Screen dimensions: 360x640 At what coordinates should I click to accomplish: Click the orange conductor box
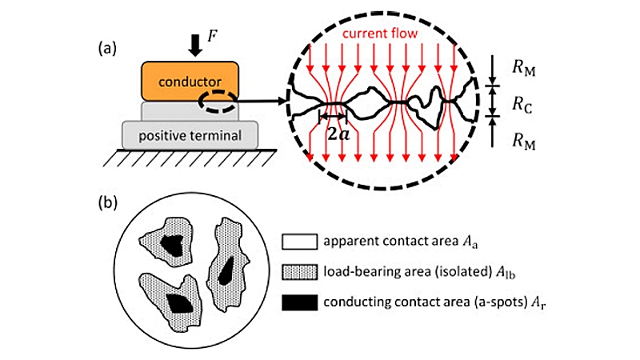[190, 81]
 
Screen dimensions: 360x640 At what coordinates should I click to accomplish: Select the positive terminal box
[189, 134]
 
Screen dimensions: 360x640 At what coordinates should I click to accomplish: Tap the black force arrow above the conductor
[194, 46]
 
